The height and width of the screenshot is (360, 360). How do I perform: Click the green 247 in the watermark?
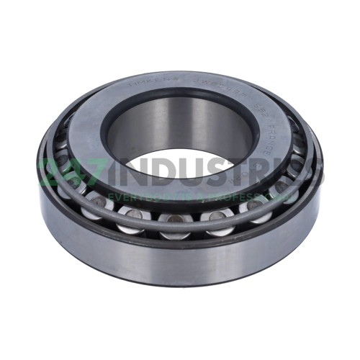point(78,173)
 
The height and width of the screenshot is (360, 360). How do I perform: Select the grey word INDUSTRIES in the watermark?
point(223,173)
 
